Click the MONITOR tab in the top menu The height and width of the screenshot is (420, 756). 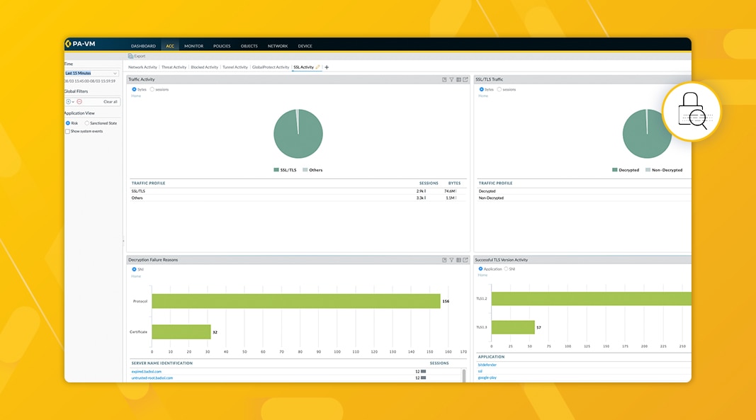193,46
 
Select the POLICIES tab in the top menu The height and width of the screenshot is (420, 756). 222,46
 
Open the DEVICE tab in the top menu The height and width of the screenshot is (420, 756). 305,46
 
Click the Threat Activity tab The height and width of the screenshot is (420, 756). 174,67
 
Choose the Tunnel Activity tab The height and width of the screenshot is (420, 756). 235,67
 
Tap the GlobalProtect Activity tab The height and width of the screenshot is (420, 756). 271,67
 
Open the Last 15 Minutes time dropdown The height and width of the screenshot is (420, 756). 91,73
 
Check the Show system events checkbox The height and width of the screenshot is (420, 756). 68,131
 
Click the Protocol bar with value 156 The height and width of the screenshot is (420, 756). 296,301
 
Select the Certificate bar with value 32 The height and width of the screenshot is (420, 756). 181,331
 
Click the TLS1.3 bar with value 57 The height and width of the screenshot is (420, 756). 513,327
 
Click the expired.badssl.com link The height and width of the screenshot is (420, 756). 147,371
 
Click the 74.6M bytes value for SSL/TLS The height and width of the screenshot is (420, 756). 449,191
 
